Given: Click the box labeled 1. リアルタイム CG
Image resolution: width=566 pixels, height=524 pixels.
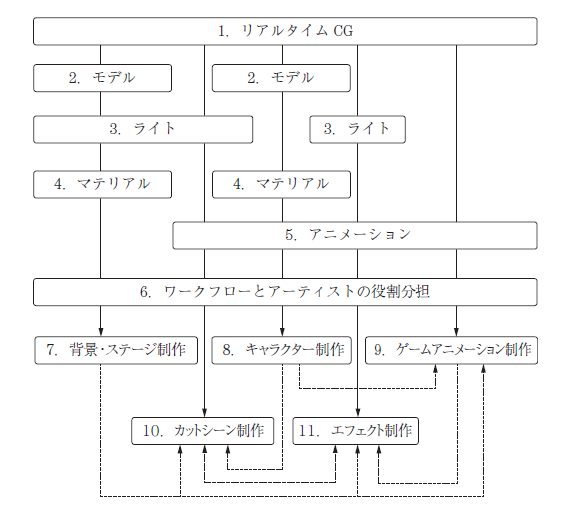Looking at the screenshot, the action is pos(285,31).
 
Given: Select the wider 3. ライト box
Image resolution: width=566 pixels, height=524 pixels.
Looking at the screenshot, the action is pos(143,130).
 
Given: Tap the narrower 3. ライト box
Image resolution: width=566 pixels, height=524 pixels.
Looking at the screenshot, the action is pos(357,130).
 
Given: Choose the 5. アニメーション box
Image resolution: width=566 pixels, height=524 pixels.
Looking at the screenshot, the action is pos(355,235).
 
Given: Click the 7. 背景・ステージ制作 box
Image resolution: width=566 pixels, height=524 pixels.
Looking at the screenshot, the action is pos(116,350).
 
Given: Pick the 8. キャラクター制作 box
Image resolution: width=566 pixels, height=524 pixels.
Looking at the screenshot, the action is pos(281,350).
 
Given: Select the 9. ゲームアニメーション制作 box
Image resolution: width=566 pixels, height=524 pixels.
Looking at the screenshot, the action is pos(451,350).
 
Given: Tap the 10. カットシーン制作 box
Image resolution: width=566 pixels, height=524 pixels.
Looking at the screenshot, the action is pos(203,431).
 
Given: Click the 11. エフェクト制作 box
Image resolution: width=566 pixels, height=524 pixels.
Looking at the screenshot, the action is pos(355,431).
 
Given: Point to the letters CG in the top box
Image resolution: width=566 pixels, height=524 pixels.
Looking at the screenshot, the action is pos(343,31).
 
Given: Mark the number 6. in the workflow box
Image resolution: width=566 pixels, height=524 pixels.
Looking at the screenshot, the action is pos(145,292).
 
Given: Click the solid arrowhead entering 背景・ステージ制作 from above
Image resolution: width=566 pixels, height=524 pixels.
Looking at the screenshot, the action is pos(101,332).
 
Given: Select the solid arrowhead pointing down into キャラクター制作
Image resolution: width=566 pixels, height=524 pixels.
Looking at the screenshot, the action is pos(282,332).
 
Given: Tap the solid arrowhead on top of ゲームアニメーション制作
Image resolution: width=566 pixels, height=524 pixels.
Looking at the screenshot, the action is pos(456,332).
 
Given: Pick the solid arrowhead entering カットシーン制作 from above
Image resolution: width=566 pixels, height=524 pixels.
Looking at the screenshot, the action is pos(205,413).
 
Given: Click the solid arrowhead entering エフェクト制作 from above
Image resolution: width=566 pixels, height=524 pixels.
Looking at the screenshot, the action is pos(358,413).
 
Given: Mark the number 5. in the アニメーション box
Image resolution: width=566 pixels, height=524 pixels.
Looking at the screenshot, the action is pos(291,235).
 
